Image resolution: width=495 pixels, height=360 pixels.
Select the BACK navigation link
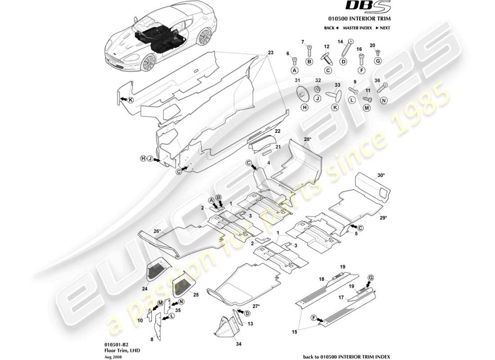click(x=331, y=28)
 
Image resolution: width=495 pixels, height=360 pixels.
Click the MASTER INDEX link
click(x=357, y=28)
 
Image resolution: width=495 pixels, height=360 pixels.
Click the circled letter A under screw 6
click(x=295, y=71)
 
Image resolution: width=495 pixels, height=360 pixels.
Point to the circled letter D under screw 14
click(x=343, y=62)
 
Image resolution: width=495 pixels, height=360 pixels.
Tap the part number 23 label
click(x=270, y=52)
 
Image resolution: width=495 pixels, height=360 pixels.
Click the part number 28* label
click(x=307, y=139)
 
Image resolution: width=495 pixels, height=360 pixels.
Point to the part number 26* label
click(x=157, y=231)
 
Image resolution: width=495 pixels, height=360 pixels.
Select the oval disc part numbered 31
click(x=302, y=93)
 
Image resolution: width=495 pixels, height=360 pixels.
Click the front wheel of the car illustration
click(x=147, y=63)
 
